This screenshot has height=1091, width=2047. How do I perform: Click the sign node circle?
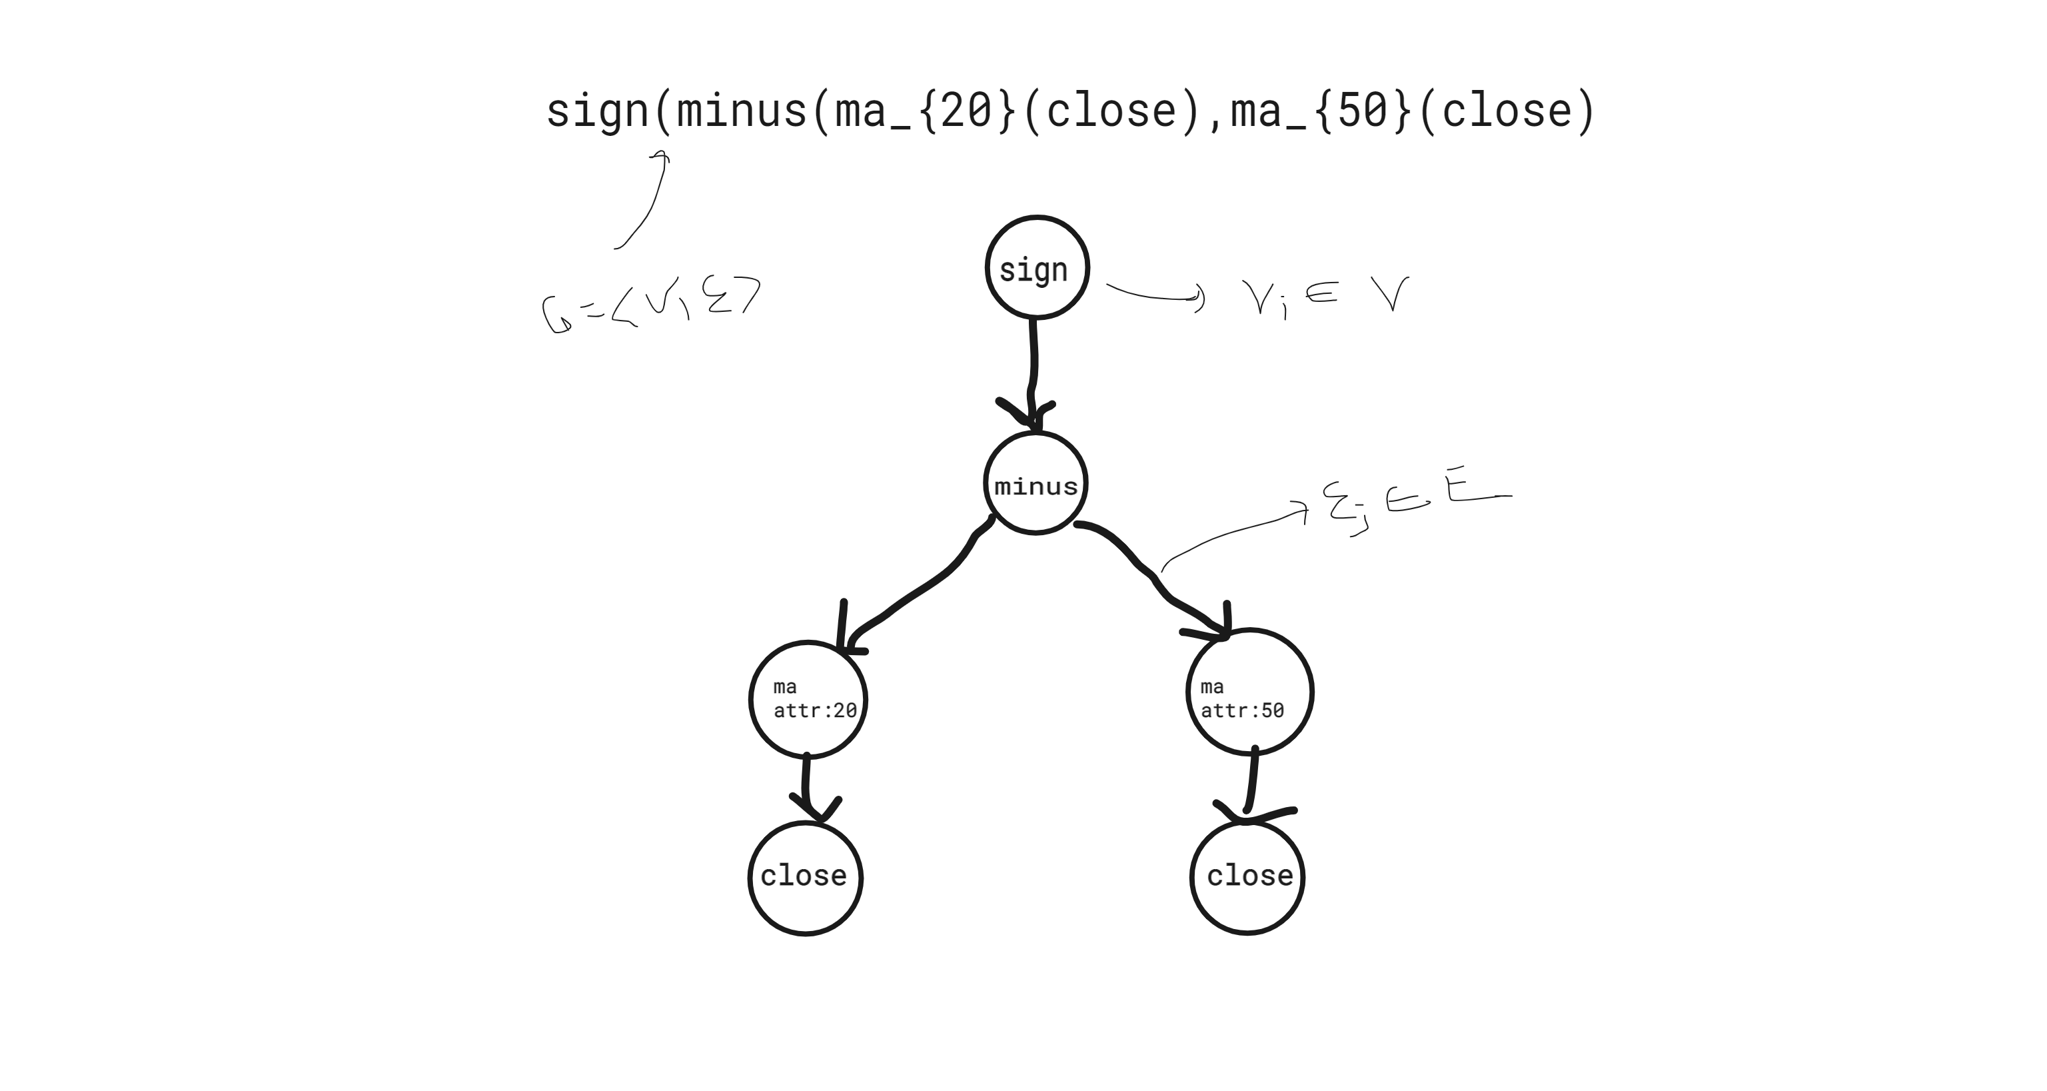1036,268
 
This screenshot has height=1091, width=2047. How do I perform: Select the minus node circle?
1035,483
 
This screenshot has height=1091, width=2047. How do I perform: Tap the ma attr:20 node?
808,699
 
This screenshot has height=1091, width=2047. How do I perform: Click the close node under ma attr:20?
805,877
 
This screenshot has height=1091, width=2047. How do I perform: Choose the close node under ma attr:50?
1247,876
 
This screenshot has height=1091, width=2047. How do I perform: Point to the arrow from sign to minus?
1033,365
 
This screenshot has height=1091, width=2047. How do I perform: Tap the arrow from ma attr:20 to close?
806,786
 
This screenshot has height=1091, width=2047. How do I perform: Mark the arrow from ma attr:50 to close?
1251,782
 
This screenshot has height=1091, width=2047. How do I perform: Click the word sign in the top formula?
598,111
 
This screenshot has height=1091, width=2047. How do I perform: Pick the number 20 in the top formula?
966,111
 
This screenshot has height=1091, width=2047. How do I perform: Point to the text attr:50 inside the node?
1242,710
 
